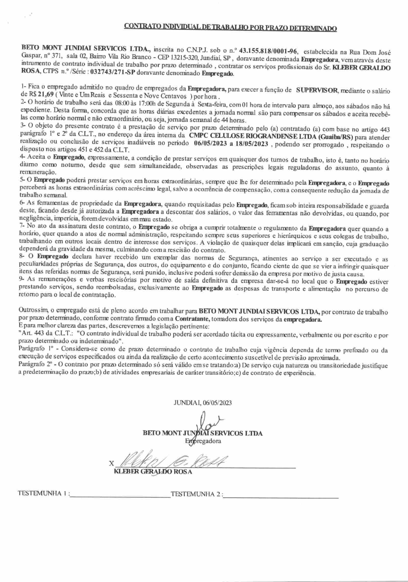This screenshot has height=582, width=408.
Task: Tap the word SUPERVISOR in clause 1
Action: click(317, 90)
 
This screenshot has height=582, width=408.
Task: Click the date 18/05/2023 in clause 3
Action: click(251, 144)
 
